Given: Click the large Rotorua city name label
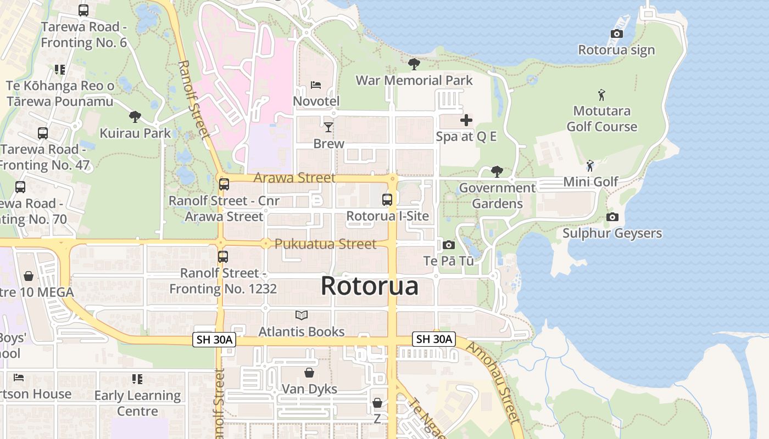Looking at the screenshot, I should tap(369, 286).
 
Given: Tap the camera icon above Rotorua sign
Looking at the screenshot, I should tap(616, 34).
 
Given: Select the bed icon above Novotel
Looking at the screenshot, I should tap(316, 85).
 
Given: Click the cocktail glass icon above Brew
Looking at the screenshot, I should tap(328, 127).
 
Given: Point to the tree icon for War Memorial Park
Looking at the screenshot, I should tap(414, 64).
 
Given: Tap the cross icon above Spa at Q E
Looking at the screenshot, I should tap(466, 120).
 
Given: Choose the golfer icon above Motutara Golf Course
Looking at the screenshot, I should tap(601, 95).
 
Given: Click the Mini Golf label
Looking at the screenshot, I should tap(590, 182).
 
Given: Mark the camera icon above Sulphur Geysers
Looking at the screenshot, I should tap(612, 217).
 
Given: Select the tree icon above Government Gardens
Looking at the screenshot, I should tap(497, 172).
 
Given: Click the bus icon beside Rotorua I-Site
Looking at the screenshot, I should tap(387, 200).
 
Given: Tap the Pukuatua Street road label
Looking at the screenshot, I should tap(325, 244).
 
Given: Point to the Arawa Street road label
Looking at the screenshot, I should tap(294, 178).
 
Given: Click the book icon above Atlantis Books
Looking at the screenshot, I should tap(302, 315).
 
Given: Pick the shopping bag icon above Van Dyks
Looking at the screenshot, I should tap(309, 373).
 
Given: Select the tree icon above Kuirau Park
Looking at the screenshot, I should tap(135, 116).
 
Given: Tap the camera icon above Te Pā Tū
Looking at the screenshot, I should tap(449, 245).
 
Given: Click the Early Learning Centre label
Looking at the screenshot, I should tap(137, 403).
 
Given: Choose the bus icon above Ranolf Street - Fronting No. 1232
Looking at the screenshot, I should tap(223, 256).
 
